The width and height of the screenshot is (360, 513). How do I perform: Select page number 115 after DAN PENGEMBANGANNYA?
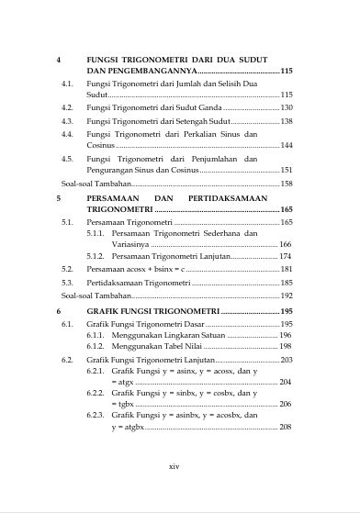pyautogui.click(x=287, y=71)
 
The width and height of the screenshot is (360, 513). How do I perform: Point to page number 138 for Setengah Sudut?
pyautogui.click(x=287, y=121)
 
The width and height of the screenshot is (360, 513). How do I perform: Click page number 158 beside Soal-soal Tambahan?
pyautogui.click(x=287, y=184)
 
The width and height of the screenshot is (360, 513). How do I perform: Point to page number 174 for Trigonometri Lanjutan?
pyautogui.click(x=287, y=257)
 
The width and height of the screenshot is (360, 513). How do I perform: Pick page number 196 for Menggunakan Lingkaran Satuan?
pyautogui.click(x=287, y=336)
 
